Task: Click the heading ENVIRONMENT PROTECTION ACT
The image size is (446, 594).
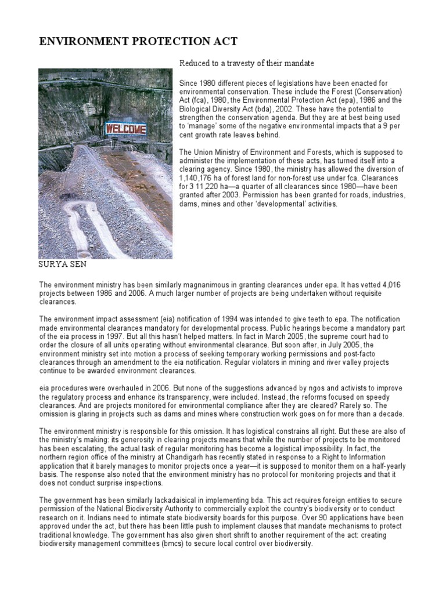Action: tap(138, 41)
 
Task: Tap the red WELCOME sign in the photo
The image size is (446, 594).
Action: tap(125, 128)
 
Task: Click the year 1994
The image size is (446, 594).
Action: tap(213, 318)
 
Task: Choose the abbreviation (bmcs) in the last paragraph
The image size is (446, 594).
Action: tap(182, 544)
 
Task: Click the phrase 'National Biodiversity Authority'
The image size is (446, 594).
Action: tap(133, 509)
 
